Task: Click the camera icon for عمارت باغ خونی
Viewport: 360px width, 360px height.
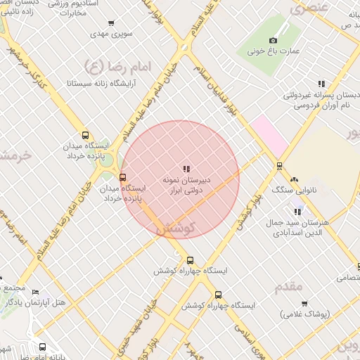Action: click(274, 41)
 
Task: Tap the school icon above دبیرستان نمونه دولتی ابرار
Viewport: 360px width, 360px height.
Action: click(186, 169)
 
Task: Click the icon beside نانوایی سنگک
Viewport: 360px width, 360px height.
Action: click(294, 180)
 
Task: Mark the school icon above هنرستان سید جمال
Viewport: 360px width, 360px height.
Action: click(298, 211)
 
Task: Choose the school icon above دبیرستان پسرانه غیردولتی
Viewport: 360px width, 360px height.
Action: click(321, 84)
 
